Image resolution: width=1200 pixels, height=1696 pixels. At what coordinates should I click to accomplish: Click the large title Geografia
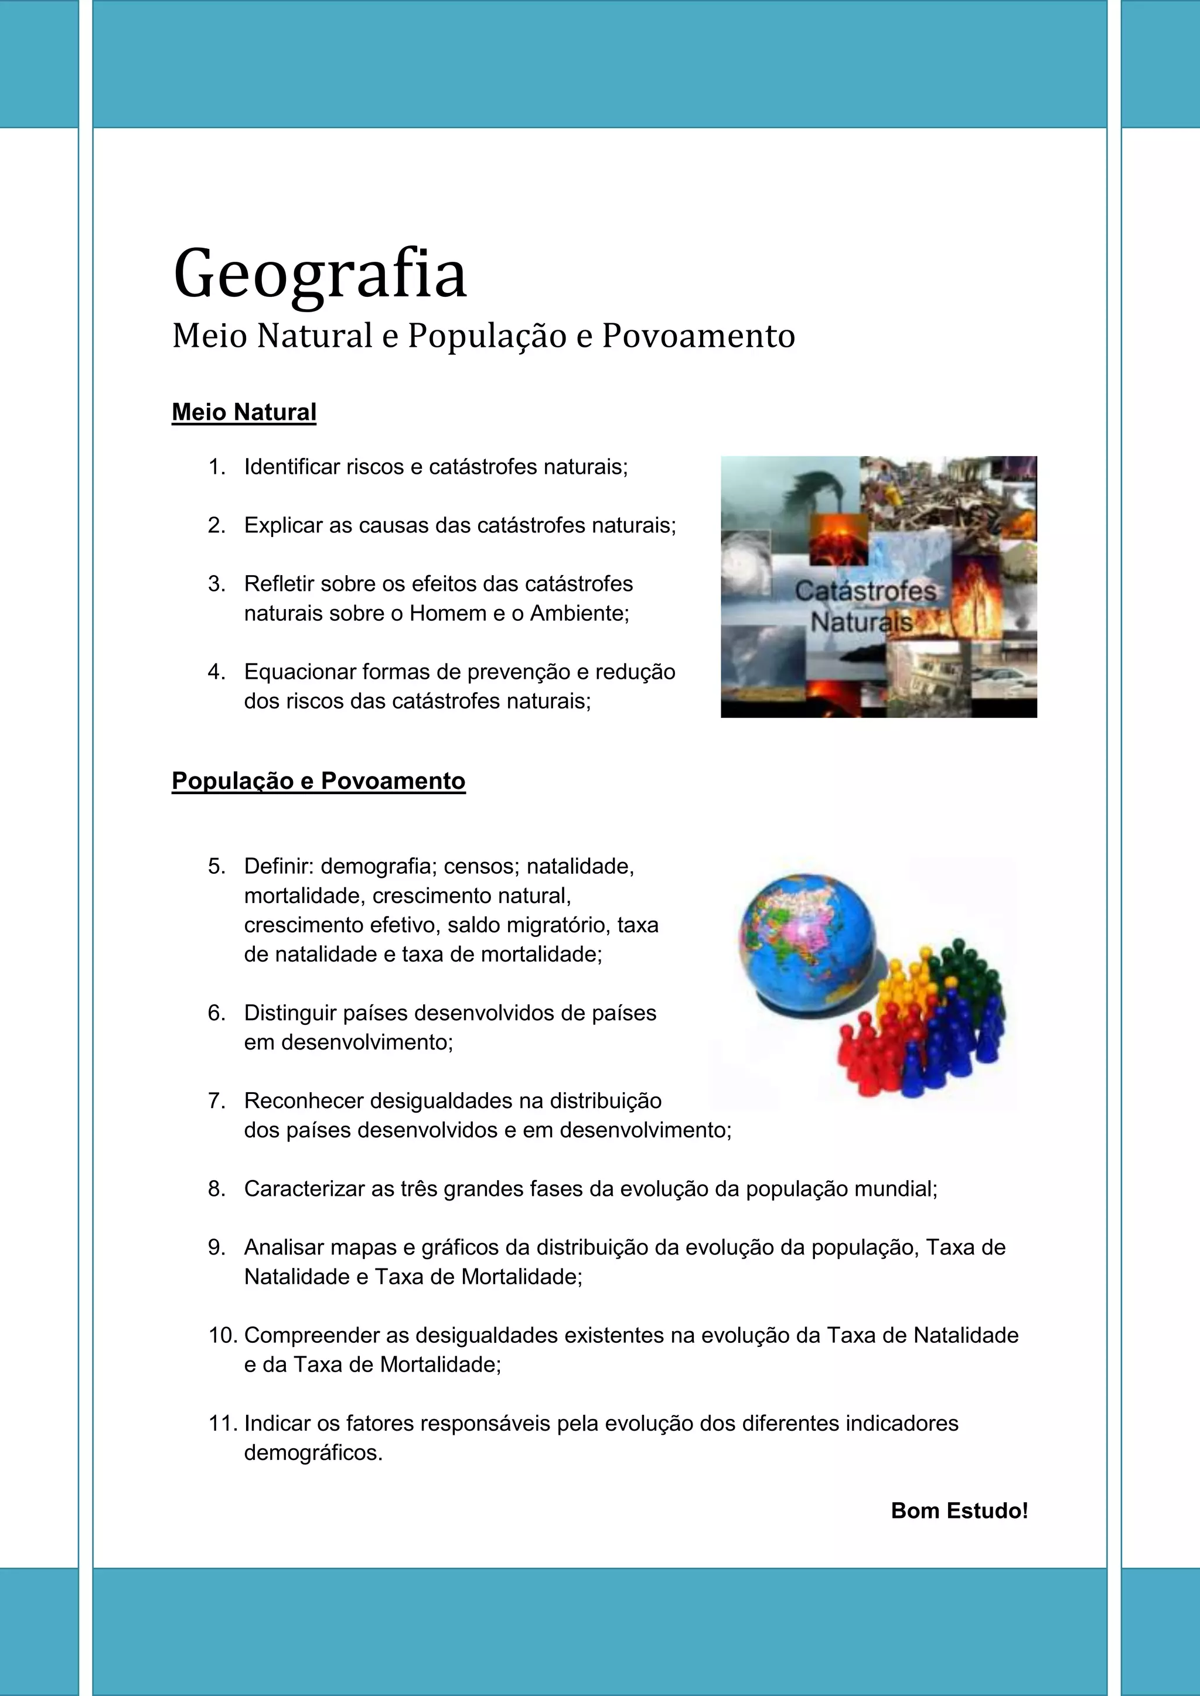(x=319, y=275)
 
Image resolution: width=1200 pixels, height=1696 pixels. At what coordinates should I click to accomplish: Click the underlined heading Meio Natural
(x=244, y=412)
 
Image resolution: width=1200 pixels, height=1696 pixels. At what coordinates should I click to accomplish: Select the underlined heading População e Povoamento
(x=319, y=781)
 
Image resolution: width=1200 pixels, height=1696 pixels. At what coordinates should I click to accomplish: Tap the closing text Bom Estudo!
(x=959, y=1510)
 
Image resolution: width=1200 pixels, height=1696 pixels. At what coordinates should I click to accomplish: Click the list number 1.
(x=216, y=467)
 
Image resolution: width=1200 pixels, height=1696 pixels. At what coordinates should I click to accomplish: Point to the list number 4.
(x=216, y=672)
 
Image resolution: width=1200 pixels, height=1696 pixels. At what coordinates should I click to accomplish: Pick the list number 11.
(x=221, y=1424)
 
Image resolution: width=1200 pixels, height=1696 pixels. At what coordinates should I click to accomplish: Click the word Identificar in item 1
(x=292, y=467)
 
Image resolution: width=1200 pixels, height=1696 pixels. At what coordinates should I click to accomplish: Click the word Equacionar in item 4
(x=299, y=672)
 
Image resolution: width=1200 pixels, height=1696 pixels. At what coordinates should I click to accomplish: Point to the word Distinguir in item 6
(x=289, y=1013)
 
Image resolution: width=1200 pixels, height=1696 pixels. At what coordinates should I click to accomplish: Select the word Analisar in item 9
(x=284, y=1247)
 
